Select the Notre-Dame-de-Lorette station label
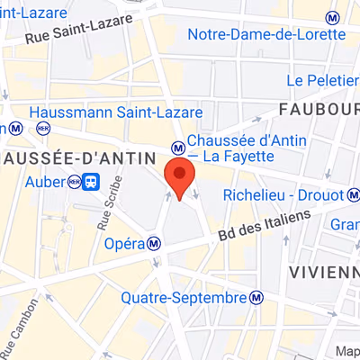[267, 34]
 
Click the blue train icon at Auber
[91, 182]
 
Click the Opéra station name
[124, 243]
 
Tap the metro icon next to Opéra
[155, 243]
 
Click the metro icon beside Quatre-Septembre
[257, 297]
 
